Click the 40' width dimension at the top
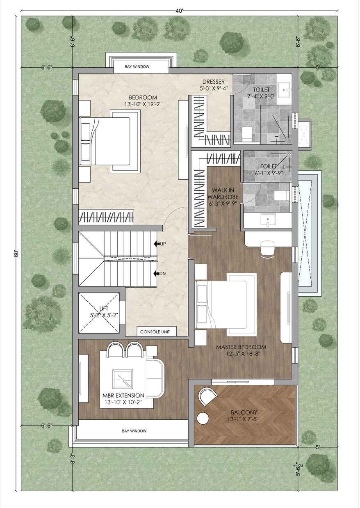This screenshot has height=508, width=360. pos(179,11)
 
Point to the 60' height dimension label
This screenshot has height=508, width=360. pos(16,254)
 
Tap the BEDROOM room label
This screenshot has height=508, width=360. pos(143,98)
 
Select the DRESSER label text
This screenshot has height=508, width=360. pos(214,82)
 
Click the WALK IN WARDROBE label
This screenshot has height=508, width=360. pos(223,193)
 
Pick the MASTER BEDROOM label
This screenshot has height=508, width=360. pos(241,347)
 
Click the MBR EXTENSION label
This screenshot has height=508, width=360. pos(123,396)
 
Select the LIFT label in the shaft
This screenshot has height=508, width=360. pos(104,309)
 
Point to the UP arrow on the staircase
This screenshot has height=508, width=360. pos(157,244)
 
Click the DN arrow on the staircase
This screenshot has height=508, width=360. pos(157,274)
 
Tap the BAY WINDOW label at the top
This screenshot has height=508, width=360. pos(137,66)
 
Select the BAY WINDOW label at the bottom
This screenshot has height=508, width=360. pos(134,431)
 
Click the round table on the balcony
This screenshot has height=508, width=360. pos(203,419)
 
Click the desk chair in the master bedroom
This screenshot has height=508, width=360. pos(268,249)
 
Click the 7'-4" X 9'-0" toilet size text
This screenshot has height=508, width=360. pos(262,96)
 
